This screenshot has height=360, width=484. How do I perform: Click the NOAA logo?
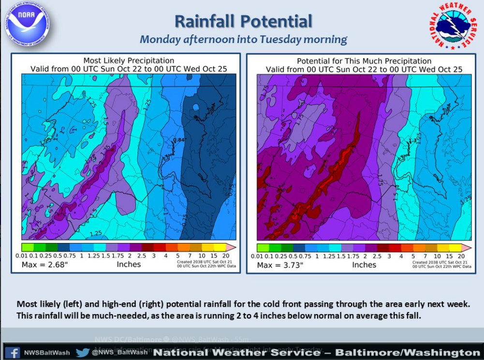tap(28, 23)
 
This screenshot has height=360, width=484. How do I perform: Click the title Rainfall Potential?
tap(243, 21)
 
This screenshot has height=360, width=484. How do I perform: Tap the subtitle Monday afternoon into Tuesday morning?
tap(243, 39)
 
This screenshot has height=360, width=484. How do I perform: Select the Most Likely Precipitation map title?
tap(129, 60)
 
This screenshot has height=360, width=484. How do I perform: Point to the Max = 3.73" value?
tap(280, 265)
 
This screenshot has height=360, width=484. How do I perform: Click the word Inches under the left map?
tap(129, 264)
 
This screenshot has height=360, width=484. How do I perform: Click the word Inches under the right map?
tap(364, 265)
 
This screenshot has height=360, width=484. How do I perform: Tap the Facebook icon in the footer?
tap(14, 352)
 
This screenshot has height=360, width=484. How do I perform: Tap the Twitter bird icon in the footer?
tap(82, 352)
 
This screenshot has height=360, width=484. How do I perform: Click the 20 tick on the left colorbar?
tap(225, 255)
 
